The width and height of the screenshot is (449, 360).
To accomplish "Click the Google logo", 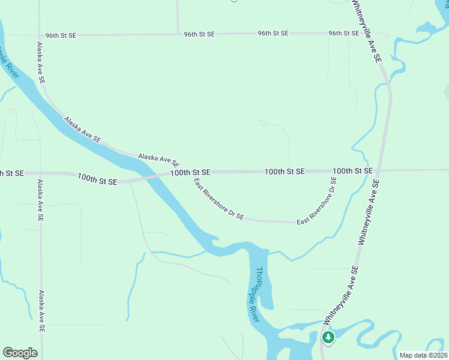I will point(20,352).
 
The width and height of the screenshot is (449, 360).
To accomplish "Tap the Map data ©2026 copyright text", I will point(423,355).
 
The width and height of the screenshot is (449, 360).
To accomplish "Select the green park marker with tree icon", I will point(328,337).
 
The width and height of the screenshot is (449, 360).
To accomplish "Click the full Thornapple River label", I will point(258,294).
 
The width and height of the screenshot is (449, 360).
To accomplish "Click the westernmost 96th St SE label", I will point(61,35).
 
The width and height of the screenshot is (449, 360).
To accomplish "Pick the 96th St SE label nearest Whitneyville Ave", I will point(343,33).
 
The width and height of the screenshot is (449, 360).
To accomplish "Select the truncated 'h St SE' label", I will point(11,173).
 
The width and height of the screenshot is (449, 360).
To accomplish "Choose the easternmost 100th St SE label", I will point(352,171).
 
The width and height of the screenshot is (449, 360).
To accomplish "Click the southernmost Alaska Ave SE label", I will point(41,312).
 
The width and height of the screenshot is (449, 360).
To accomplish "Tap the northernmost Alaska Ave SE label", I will point(40,62).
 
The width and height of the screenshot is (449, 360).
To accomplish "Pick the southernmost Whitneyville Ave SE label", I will point(341,293).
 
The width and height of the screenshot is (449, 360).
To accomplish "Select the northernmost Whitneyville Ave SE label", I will point(367,31).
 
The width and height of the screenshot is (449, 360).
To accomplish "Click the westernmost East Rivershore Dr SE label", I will point(218,199).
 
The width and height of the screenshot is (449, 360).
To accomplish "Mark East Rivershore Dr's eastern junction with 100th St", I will point(339,171).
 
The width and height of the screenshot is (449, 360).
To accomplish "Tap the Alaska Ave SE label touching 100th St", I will point(158,160).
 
